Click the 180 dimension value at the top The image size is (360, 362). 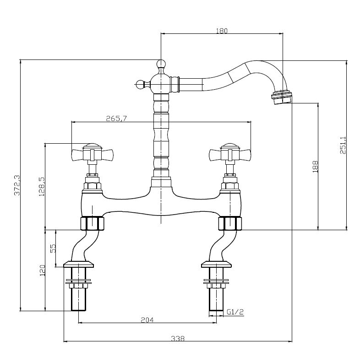click(221, 31)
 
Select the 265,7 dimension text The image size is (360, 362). click(116, 119)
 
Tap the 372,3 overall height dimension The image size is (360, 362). click(17, 185)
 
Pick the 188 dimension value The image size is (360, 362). click(314, 166)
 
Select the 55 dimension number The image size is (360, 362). click(53, 248)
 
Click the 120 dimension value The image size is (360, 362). click(41, 271)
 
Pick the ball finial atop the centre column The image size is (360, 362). click(161, 64)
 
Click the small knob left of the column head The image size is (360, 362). click(139, 84)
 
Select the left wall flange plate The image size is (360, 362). click(78, 264)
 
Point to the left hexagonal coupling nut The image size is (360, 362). click(92, 224)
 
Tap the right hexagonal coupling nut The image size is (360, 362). click(230, 224)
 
